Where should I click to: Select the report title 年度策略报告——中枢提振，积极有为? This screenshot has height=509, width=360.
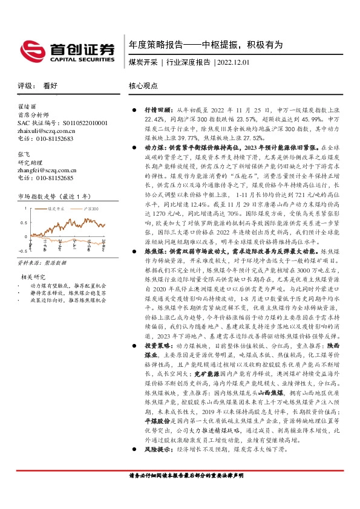(x=206, y=45)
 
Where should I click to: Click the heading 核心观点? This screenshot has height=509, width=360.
(x=142, y=86)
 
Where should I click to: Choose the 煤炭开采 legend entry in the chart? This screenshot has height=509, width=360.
(x=54, y=209)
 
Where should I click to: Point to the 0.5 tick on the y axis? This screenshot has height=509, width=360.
(x=24, y=222)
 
